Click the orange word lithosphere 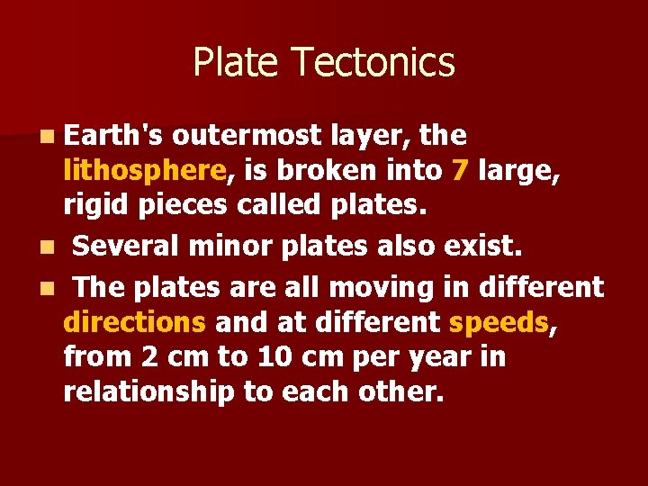(x=144, y=170)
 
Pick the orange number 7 (x=461, y=170)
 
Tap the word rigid (x=98, y=204)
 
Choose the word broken (x=328, y=170)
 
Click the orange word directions (x=135, y=322)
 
